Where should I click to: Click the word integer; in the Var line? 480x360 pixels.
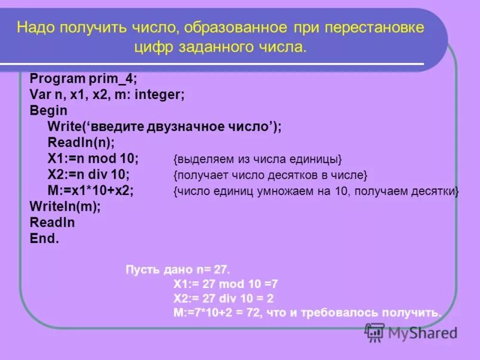pyautogui.click(x=160, y=95)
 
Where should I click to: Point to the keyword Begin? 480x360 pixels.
pyautogui.click(x=48, y=111)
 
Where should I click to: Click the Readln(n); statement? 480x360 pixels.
pyautogui.click(x=80, y=143)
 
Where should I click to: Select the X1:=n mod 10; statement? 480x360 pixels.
pyautogui.click(x=93, y=159)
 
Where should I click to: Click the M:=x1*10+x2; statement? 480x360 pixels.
pyautogui.click(x=91, y=191)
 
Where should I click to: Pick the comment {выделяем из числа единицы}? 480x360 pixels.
pyautogui.click(x=257, y=160)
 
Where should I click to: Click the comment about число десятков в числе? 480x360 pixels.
pyautogui.click(x=269, y=175)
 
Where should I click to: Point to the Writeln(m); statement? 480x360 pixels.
pyautogui.click(x=65, y=206)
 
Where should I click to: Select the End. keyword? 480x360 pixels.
pyautogui.click(x=44, y=238)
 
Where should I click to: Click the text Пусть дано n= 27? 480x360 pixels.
pyautogui.click(x=178, y=268)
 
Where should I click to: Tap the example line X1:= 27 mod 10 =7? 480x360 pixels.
pyautogui.click(x=226, y=283)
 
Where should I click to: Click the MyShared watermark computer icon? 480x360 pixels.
pyautogui.click(x=374, y=332)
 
